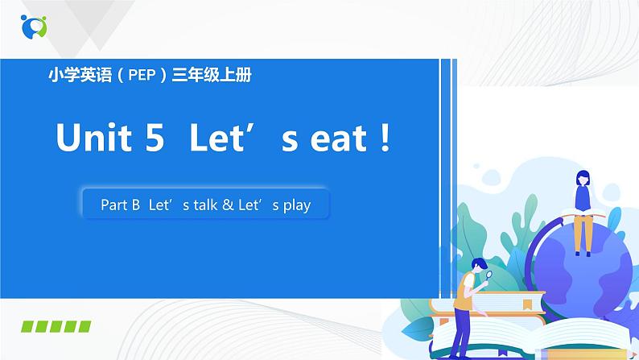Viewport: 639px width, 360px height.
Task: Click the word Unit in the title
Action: coord(93,139)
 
